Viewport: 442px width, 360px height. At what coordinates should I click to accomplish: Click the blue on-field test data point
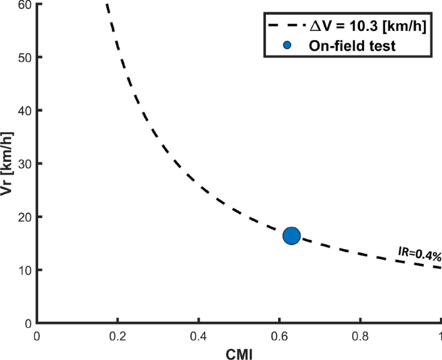point(292,236)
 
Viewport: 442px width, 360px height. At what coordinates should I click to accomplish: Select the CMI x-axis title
point(239,352)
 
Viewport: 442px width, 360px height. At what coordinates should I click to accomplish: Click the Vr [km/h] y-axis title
point(8,161)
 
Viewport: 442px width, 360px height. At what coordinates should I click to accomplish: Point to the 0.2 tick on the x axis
point(117,335)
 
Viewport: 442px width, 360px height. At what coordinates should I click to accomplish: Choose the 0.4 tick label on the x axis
point(198,335)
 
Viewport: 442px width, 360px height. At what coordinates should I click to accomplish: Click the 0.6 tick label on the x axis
point(279,335)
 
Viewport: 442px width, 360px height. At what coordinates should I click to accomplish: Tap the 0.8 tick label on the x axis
point(360,335)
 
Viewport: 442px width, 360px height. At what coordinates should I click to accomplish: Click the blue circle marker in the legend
point(288,45)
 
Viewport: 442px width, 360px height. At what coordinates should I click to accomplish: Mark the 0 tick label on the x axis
point(37,335)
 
